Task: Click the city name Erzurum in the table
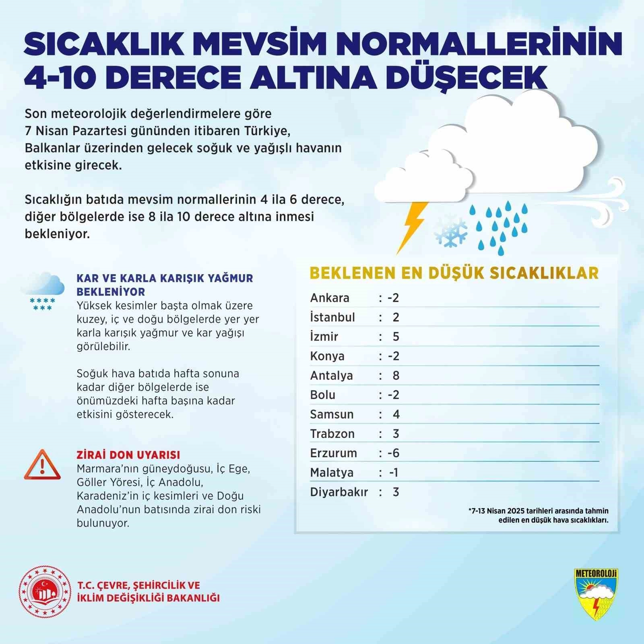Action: (x=333, y=453)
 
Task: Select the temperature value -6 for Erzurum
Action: (x=393, y=453)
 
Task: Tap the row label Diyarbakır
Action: (x=339, y=492)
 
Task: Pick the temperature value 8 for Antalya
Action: (x=396, y=376)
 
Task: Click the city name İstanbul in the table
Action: (x=332, y=317)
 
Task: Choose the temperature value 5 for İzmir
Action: (x=396, y=336)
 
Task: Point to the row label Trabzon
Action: (x=332, y=434)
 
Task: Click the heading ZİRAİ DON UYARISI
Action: (x=128, y=455)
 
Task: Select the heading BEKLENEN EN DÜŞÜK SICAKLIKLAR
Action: (x=454, y=273)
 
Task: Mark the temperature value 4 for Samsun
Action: (x=396, y=414)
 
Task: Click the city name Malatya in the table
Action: (x=331, y=473)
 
